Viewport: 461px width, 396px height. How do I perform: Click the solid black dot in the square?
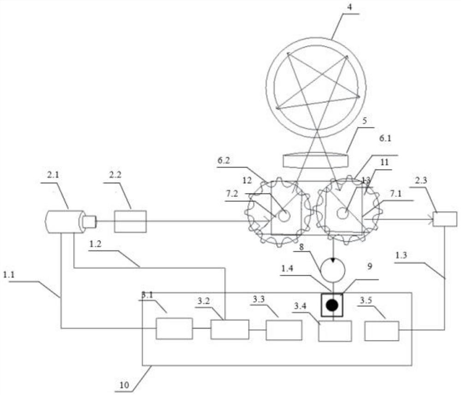[332, 305]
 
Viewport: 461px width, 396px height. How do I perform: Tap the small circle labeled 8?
[332, 270]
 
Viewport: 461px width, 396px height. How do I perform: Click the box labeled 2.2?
[130, 221]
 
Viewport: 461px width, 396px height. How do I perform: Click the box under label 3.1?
[174, 328]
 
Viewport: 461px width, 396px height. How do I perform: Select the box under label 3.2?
[230, 329]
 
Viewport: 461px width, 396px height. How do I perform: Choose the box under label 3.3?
[284, 330]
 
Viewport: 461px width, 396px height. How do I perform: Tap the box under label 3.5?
[382, 331]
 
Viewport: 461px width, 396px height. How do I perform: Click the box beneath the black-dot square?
[335, 331]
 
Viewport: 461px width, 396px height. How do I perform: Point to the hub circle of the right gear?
[342, 213]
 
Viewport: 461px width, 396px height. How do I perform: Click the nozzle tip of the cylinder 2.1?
[90, 221]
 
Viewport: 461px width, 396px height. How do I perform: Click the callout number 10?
[124, 384]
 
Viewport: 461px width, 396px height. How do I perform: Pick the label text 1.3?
[401, 255]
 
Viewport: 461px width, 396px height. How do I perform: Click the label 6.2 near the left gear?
[224, 160]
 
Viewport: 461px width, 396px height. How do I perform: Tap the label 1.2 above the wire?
[95, 244]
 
